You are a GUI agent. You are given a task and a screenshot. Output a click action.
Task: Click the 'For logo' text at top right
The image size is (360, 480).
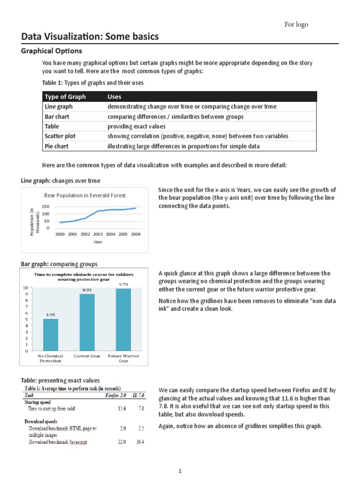click(296, 24)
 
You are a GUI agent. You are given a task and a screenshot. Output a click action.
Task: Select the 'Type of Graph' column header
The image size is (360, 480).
click(65, 97)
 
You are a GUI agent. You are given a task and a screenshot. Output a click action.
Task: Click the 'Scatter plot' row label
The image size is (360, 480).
click(60, 136)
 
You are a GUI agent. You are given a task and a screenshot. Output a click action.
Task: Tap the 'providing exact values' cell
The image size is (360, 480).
click(136, 127)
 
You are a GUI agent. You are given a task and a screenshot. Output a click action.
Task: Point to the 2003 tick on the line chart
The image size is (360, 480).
click(97, 233)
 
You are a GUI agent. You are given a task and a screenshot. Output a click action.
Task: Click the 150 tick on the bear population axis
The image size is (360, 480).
click(45, 207)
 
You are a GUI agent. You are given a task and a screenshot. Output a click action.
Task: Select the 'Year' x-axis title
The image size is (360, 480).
click(97, 242)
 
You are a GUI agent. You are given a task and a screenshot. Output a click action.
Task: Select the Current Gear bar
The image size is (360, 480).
click(87, 322)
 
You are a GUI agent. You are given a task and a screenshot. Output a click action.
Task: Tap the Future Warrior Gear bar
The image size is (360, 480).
click(123, 319)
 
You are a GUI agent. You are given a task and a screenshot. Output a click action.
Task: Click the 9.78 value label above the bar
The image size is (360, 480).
click(123, 284)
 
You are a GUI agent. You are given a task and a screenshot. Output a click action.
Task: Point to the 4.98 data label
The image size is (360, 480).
click(51, 315)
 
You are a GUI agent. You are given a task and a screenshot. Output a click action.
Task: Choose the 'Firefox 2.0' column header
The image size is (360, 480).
click(115, 395)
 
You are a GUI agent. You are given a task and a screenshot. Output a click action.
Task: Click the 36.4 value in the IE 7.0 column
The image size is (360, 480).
click(139, 442)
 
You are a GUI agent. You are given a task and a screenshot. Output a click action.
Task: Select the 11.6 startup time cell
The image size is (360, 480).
click(121, 409)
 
